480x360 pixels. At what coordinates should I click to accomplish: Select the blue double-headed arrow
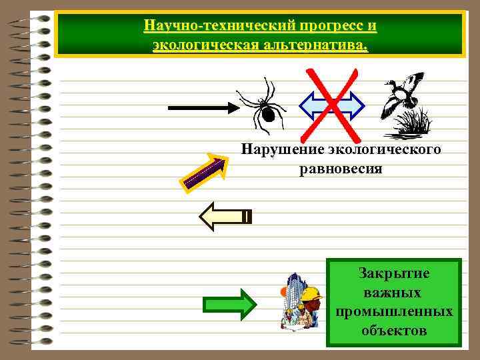pyautogui.click(x=331, y=105)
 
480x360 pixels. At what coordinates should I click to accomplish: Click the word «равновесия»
pyautogui.click(x=341, y=169)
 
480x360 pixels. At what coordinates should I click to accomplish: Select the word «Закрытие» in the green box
pyautogui.click(x=394, y=273)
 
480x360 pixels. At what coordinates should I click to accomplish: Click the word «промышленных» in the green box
pyautogui.click(x=394, y=311)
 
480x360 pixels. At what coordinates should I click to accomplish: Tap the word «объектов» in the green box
pyautogui.click(x=394, y=330)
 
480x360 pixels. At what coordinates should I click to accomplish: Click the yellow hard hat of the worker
pyautogui.click(x=310, y=294)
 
